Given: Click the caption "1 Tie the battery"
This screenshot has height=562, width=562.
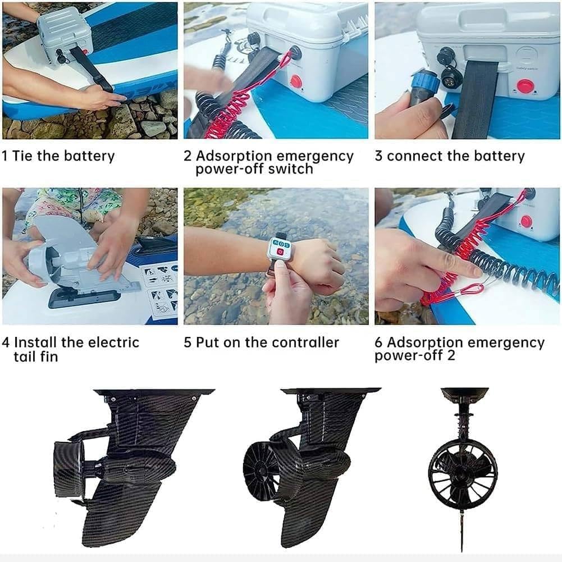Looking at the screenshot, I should pyautogui.click(x=58, y=156).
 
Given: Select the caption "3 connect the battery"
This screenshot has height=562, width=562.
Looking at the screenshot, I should pyautogui.click(x=449, y=156).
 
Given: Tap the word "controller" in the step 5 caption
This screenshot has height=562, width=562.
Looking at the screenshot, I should pyautogui.click(x=305, y=342).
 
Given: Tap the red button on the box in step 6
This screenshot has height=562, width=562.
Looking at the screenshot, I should pyautogui.click(x=526, y=221).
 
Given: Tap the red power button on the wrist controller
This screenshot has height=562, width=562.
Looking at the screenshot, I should pyautogui.click(x=279, y=252).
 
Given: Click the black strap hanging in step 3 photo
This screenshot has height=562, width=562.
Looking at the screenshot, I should pyautogui.click(x=476, y=107).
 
